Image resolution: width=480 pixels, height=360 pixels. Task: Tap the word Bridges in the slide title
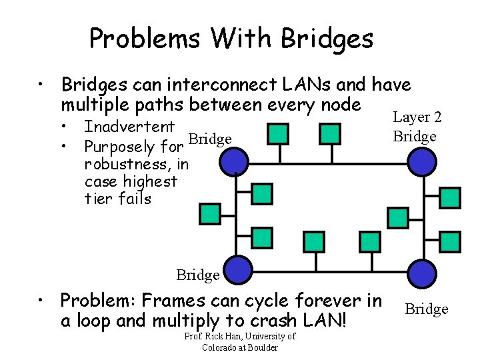click(327, 39)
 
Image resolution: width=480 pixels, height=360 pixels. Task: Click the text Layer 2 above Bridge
click(417, 117)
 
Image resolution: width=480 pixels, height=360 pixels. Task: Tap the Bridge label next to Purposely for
click(210, 139)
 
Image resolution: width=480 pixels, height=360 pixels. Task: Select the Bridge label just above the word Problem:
click(198, 275)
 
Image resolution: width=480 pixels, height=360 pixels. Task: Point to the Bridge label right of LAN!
click(427, 309)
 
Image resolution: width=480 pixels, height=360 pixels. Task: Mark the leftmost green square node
click(209, 213)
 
